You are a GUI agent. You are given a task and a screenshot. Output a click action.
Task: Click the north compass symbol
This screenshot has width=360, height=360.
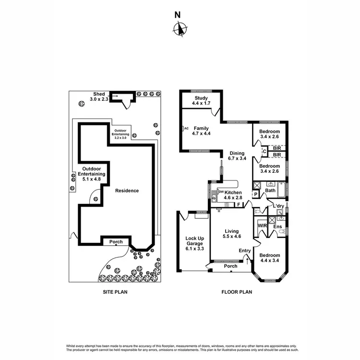click(180, 29)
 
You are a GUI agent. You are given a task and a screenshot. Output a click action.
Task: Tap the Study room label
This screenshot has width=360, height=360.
click(200, 100)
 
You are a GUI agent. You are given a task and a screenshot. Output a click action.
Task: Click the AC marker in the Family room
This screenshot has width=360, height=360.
click(186, 128)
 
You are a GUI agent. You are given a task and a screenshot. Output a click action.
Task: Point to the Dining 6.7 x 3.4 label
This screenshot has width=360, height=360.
click(237, 155)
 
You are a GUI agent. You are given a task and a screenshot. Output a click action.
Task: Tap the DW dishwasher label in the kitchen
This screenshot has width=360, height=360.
click(221, 192)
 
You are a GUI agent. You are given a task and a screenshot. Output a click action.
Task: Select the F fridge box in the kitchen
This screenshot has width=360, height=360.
click(239, 205)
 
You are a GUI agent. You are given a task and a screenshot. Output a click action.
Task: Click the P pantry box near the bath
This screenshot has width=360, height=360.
click(256, 194)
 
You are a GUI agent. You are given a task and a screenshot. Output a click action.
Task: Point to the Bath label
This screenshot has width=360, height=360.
click(270, 191)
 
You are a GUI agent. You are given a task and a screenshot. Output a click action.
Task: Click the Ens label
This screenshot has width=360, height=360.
click(277, 226)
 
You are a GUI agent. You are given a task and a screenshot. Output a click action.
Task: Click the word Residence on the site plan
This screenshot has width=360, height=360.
click(127, 191)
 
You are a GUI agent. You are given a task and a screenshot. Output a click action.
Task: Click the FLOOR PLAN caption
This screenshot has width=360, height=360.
click(236, 291)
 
